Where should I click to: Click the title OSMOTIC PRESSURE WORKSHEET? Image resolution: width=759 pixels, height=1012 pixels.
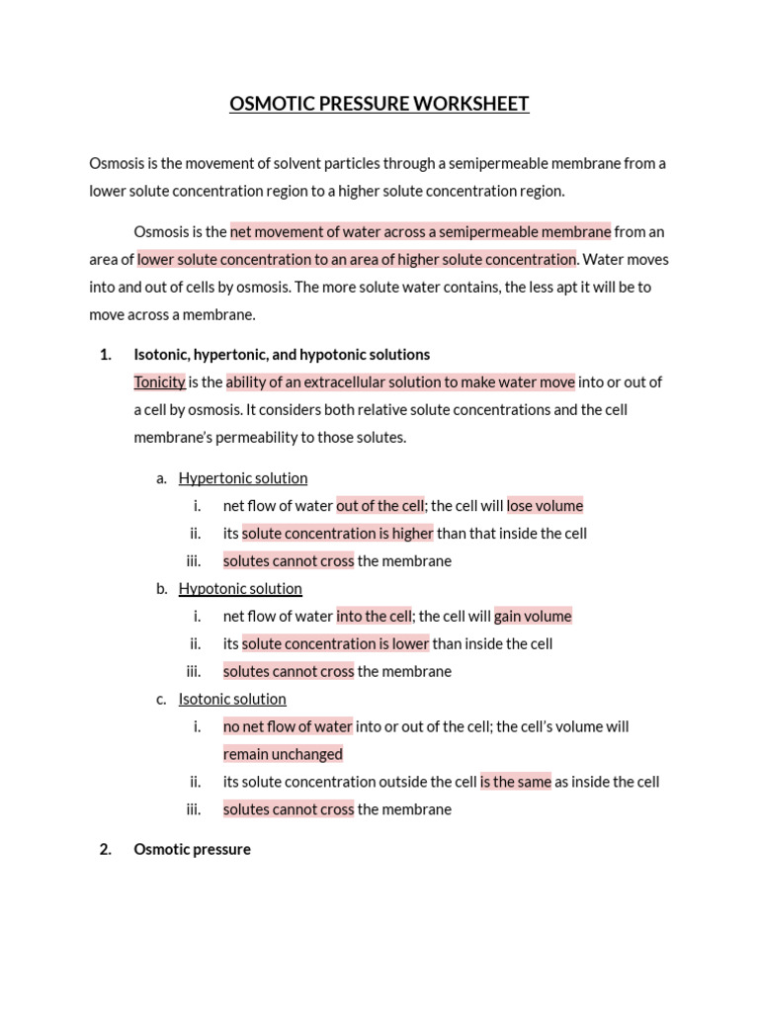pos(379,104)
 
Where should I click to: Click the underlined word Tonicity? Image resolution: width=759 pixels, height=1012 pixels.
pos(159,382)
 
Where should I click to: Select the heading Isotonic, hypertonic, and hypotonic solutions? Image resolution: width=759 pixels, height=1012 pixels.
pos(282,355)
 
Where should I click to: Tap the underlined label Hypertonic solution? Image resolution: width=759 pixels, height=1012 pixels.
pos(243,478)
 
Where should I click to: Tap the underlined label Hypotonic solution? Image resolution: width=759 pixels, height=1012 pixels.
pos(240,589)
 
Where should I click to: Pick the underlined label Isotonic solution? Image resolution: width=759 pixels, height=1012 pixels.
pos(232,700)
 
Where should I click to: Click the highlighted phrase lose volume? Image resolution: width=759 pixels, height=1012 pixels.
pos(545,506)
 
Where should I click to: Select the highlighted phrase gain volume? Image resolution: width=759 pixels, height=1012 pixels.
pos(533,617)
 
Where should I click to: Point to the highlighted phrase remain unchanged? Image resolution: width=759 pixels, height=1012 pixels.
pos(283,754)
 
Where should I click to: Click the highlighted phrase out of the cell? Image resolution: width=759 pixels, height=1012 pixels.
pos(380,506)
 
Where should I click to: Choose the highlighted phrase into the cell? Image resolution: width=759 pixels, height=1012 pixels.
pos(374,617)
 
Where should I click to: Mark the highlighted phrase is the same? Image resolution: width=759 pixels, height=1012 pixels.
pos(516,782)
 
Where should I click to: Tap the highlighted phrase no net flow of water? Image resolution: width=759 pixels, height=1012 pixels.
pos(288,726)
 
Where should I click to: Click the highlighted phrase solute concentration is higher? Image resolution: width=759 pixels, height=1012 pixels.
pos(338,534)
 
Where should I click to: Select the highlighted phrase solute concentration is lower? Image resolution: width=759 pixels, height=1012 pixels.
pos(335,644)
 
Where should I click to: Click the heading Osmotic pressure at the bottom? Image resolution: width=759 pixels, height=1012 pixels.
pos(192,850)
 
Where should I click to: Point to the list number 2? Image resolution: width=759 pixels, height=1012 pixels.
pos(106,850)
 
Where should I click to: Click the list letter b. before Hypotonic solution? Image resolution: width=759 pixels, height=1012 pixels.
pos(162,589)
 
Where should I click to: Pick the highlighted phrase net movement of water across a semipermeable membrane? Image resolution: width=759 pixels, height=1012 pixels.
pos(420,232)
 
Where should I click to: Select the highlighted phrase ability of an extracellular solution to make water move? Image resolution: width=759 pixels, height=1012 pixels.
pos(400,382)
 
